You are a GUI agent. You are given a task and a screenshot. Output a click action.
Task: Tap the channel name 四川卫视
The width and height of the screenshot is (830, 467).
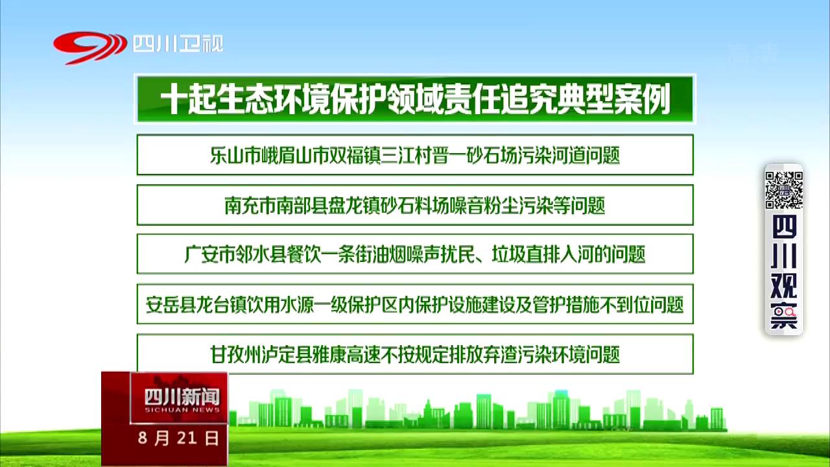point(178,43)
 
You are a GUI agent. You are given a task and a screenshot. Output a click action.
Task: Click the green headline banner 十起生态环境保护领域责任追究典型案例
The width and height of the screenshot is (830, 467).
point(415,99)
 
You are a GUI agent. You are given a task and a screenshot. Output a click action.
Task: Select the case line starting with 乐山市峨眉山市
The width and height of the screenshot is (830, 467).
point(415,155)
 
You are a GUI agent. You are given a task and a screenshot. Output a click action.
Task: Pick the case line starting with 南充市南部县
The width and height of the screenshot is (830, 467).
point(415,206)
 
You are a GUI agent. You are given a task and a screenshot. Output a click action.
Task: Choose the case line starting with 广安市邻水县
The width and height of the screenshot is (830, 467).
point(415,254)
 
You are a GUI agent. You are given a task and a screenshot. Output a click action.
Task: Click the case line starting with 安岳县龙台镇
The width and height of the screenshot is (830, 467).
point(415,305)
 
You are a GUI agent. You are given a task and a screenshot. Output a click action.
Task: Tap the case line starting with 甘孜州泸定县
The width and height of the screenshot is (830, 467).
point(415,355)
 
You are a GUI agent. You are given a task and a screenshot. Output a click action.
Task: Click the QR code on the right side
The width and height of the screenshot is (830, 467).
point(784,190)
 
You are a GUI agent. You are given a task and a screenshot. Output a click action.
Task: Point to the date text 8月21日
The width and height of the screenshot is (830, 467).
point(178,438)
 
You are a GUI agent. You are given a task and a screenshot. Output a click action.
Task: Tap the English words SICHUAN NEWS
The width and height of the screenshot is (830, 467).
point(182,410)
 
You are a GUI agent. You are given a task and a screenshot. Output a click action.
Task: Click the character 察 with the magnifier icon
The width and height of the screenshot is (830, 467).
point(784,316)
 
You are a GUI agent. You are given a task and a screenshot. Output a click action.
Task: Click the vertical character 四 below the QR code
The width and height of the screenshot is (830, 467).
point(784,227)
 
